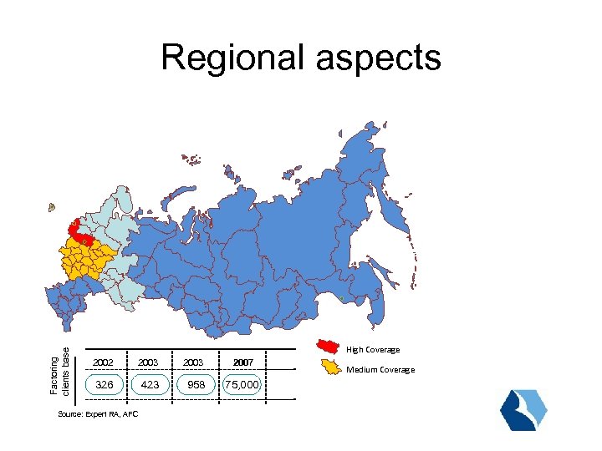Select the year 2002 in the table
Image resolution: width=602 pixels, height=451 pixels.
pos(105,362)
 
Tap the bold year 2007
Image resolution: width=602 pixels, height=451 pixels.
pos(244,362)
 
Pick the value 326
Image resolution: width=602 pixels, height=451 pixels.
pos(105,384)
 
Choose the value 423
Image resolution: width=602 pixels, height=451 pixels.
pos(150,384)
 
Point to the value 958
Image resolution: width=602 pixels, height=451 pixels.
pos(196,384)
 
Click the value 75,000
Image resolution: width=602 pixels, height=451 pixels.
pos(243,384)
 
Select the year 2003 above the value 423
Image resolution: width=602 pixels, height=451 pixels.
pos(150,362)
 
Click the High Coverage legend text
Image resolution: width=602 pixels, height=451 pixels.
pos(373,350)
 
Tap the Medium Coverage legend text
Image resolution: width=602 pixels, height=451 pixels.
pos(380,370)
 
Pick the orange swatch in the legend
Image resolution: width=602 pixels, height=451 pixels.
pos(332,367)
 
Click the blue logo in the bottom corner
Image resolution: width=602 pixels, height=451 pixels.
pos(523,409)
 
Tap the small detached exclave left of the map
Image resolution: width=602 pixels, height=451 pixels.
pos(52,206)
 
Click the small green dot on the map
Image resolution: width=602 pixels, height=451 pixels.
pos(342,298)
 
